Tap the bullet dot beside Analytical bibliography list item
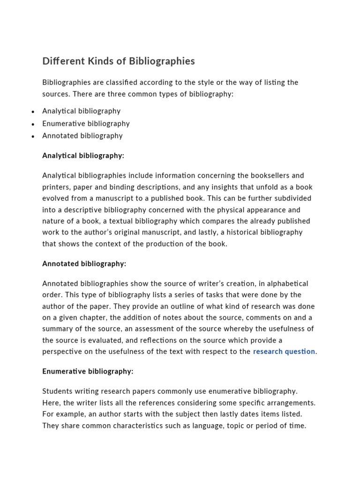pyautogui.click(x=33, y=112)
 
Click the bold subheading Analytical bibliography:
pyautogui.click(x=83, y=156)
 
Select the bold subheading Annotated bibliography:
pyautogui.click(x=84, y=264)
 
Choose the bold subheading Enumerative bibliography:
pyautogui.click(x=88, y=372)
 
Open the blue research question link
pyautogui.click(x=284, y=352)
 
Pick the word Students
pyautogui.click(x=57, y=391)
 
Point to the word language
pyautogui.click(x=215, y=426)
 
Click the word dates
pyautogui.click(x=247, y=414)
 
